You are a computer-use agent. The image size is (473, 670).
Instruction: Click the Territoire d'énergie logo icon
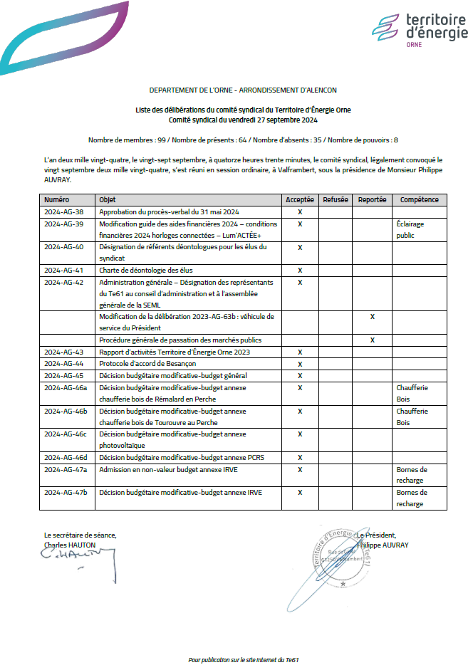coord(385,28)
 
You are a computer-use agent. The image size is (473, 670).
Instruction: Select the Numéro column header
coord(56,200)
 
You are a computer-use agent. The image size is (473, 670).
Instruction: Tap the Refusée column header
coord(336,200)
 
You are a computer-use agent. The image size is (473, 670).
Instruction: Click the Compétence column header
coord(420,200)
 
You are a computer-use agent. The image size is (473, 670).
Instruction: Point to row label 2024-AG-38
coord(64,212)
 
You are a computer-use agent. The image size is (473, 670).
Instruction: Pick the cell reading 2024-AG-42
coord(64,282)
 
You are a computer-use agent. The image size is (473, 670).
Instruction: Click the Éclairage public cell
coord(410,229)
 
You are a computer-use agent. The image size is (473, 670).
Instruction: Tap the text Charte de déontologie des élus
coord(146,271)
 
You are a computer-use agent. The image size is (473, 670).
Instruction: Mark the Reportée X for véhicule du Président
coord(373,316)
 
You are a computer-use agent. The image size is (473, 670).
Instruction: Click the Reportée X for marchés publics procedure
coord(373,340)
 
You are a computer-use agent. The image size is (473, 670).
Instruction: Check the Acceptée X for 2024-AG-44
coord(300,364)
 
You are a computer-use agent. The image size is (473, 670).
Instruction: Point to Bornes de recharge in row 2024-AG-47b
coord(412,498)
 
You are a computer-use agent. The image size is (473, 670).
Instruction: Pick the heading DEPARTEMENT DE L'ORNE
coord(243,90)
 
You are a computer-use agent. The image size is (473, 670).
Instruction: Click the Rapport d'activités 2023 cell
coord(175,352)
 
